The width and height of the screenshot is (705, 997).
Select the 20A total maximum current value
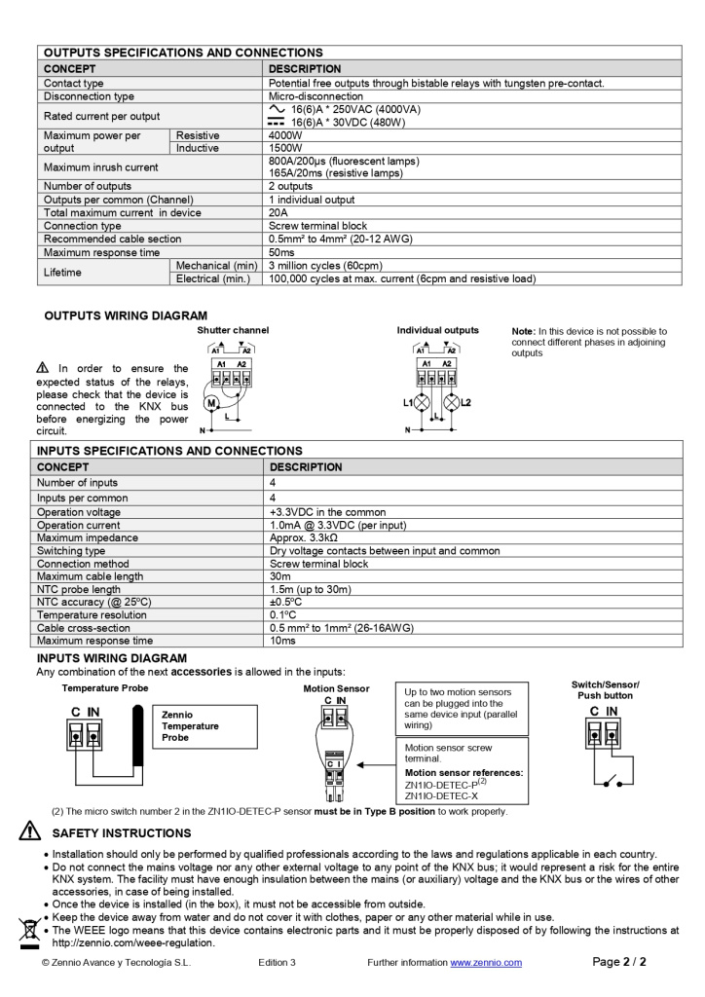click(278, 212)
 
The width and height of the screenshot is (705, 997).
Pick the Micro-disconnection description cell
click(315, 96)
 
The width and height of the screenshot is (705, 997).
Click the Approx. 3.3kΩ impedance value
click(303, 537)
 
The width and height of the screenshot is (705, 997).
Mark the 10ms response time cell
click(282, 641)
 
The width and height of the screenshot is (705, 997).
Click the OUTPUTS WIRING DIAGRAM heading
click(126, 315)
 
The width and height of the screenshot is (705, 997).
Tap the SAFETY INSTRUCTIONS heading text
click(121, 833)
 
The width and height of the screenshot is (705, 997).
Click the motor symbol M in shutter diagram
click(209, 403)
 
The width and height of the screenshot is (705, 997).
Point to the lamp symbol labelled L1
click(423, 402)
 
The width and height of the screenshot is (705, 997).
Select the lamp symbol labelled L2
click(451, 402)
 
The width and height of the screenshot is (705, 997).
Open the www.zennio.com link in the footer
click(485, 963)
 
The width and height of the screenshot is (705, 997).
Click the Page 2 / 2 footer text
click(619, 962)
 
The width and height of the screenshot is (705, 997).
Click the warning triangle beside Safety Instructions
click(30, 832)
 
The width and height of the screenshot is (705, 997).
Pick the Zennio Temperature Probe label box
click(206, 726)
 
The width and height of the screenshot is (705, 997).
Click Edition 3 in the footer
click(277, 963)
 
